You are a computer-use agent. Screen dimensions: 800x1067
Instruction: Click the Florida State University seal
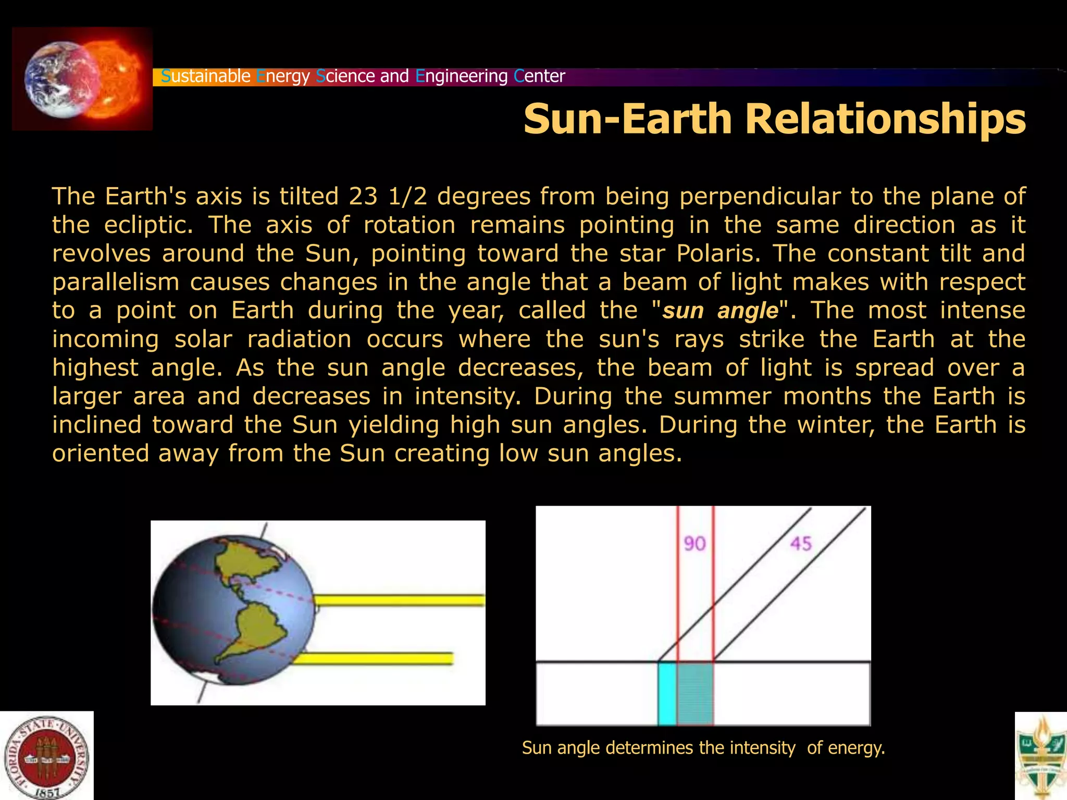coord(46,757)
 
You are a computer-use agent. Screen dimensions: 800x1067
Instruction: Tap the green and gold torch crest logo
coord(1041,756)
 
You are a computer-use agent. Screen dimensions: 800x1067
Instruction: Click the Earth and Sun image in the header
coord(82,79)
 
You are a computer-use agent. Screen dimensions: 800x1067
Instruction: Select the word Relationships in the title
coord(885,119)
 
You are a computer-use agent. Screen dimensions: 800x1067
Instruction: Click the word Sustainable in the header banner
coord(206,77)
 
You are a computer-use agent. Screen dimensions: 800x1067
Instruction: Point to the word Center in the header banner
coord(539,77)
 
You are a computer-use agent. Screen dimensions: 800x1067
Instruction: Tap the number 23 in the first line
coord(363,196)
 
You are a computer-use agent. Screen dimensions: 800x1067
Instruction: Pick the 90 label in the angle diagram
coord(694,544)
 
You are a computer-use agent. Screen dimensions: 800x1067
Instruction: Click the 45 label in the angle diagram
coord(801,544)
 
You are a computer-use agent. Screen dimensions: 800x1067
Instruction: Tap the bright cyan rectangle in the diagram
coord(667,693)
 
